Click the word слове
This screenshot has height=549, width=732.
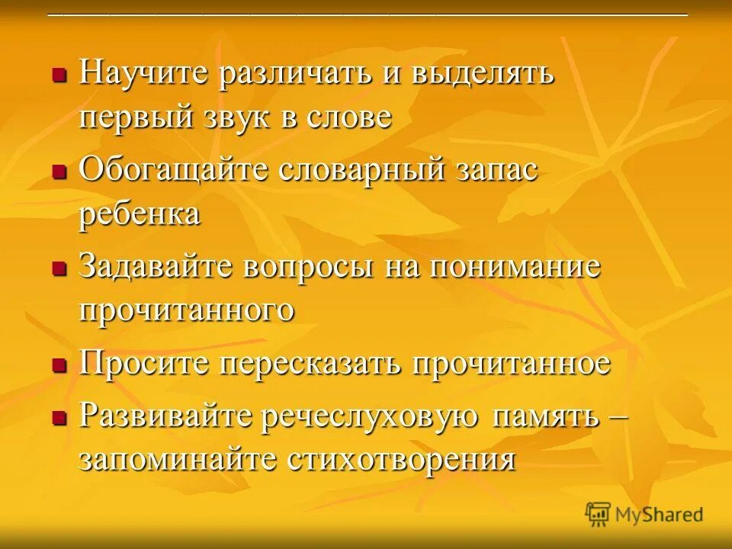pos(348,117)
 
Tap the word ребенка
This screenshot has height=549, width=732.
pos(140,214)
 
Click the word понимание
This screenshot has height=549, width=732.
pos(515,268)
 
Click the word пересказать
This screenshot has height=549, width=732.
pos(312,363)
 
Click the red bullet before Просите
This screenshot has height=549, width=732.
pos(58,365)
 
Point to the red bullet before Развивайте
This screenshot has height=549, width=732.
pos(58,418)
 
